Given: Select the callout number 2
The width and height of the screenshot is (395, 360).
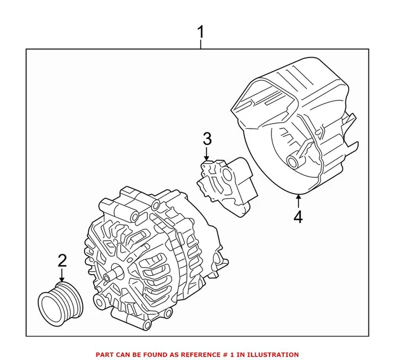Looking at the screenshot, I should click(62, 261).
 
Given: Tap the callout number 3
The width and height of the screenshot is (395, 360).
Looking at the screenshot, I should click(207, 138).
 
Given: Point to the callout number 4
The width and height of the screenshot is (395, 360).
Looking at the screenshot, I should click(297, 217).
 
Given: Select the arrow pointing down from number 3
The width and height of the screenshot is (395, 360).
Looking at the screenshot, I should click(207, 154).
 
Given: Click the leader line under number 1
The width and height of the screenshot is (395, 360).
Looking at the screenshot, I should click(201, 45).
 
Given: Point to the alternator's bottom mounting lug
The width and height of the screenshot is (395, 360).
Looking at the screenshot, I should click(102, 299).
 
